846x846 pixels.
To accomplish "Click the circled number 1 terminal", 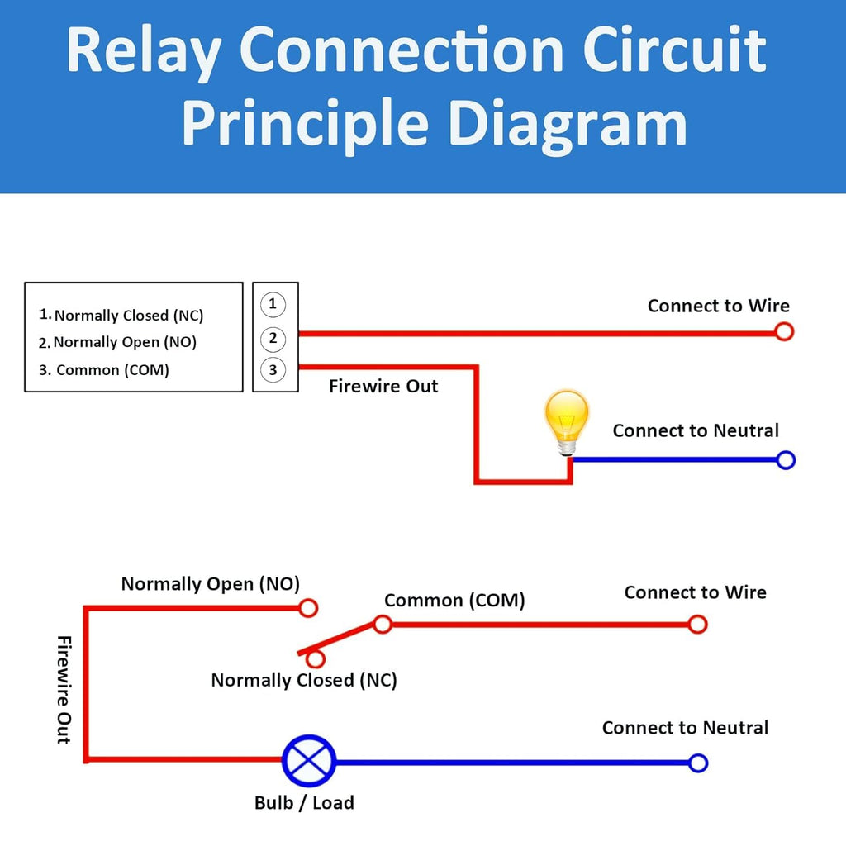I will [x=273, y=305].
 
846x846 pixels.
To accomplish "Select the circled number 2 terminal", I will [x=273, y=338].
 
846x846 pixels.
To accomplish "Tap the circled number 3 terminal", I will [x=273, y=370].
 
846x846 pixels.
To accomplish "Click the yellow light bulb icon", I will [x=567, y=421].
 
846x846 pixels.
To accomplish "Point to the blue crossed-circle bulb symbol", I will [x=309, y=762].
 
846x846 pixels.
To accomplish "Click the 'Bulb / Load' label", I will [x=304, y=802].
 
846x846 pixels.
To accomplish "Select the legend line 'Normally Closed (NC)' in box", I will [x=121, y=315].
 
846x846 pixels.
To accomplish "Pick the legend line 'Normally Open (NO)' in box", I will [x=118, y=342].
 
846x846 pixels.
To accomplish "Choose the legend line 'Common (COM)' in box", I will [x=104, y=370].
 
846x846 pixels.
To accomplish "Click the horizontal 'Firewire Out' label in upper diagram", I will [x=383, y=387].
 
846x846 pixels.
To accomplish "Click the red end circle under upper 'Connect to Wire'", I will [x=784, y=332].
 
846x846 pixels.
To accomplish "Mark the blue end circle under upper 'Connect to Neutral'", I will [x=786, y=460].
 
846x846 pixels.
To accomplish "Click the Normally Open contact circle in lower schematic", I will [x=308, y=609].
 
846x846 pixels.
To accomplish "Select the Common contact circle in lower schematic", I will [x=383, y=624].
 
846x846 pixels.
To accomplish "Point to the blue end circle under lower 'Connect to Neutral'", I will [x=698, y=763].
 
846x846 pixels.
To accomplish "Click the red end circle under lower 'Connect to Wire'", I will [x=698, y=625].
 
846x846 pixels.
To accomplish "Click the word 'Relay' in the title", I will [x=142, y=51].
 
